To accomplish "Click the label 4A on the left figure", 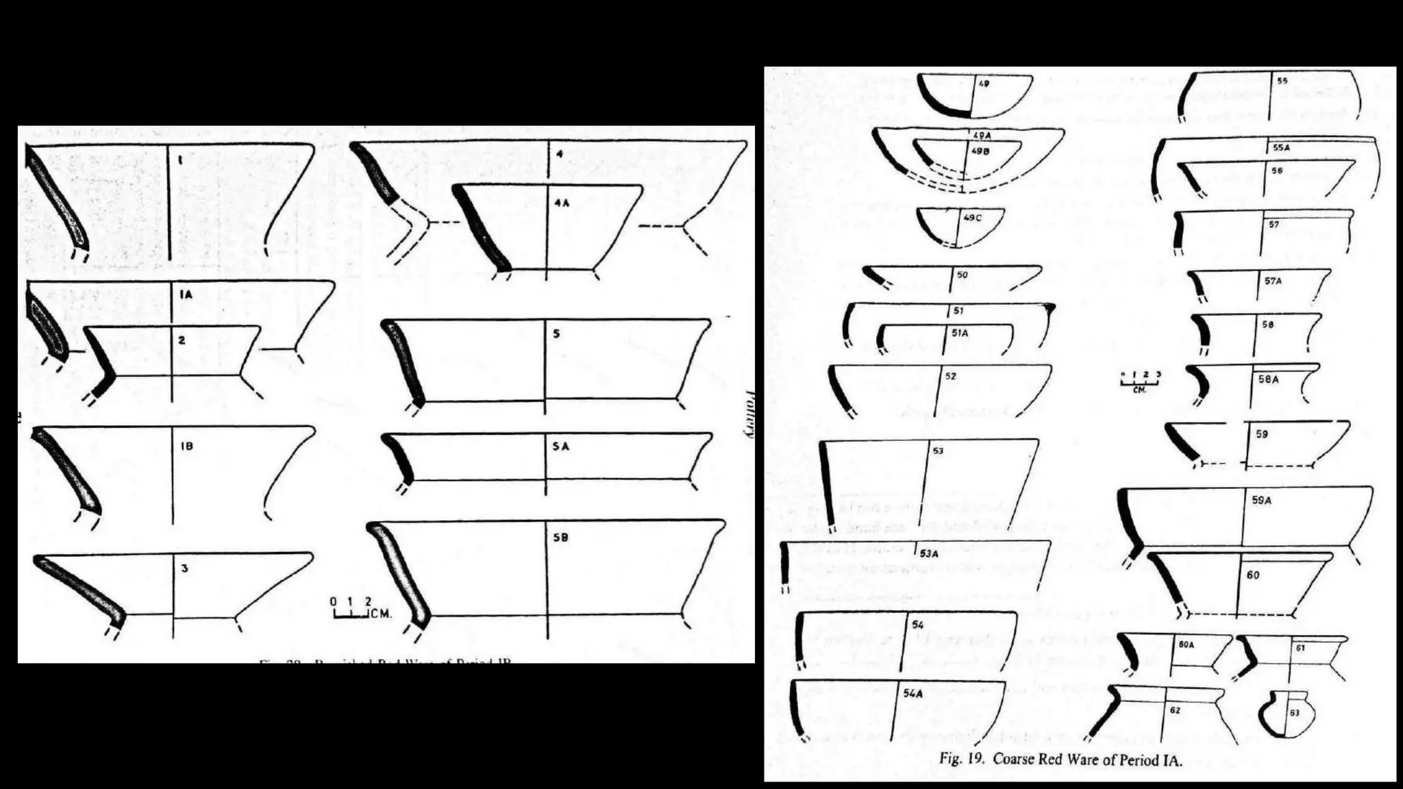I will coord(562,203).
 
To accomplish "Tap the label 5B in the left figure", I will coord(560,538).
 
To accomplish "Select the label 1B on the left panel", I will coord(186,446).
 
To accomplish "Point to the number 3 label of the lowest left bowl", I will coord(184,568).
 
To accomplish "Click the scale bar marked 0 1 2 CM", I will coord(360,608).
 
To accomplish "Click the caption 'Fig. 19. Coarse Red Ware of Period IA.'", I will coord(1060,759).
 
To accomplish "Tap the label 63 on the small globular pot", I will coord(1294,713).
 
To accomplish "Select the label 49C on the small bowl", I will coord(972,218).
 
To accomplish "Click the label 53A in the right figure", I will coord(928,553).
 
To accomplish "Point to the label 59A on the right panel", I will coord(1261,501).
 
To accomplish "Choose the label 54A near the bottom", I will coord(912,693).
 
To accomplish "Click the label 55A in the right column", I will coord(1281,147).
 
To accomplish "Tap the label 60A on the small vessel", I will coord(1186,644).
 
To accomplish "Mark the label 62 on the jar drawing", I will coord(1175,710).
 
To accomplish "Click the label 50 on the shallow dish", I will coord(962,275).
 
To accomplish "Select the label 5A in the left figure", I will coord(560,447).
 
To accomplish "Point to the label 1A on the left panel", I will coord(186,295).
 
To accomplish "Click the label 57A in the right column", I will coord(1273,281).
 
